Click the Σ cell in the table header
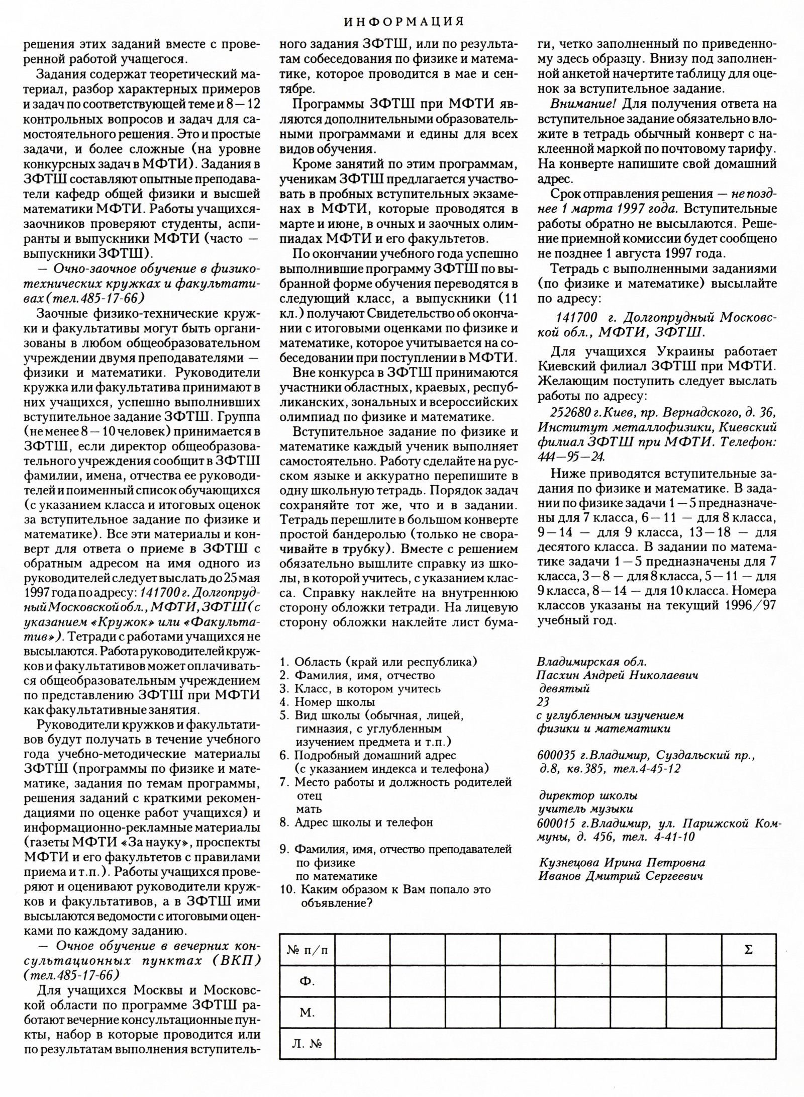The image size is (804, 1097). [748, 950]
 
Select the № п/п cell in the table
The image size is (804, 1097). [307, 950]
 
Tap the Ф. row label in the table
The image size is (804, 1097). [307, 981]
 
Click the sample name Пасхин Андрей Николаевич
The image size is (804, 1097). [617, 675]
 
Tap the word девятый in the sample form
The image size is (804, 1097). [564, 689]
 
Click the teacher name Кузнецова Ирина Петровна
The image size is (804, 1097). [622, 862]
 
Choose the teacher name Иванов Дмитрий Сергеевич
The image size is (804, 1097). [621, 876]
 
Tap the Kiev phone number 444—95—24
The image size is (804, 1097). [571, 456]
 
